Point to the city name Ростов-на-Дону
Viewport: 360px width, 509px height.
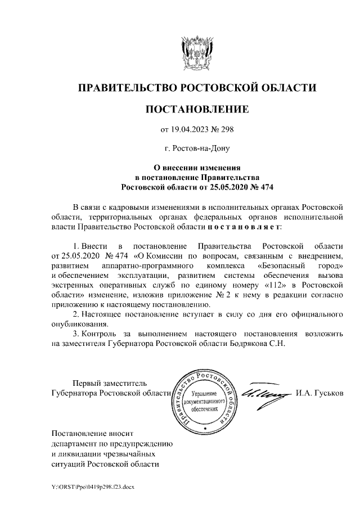(202, 149)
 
